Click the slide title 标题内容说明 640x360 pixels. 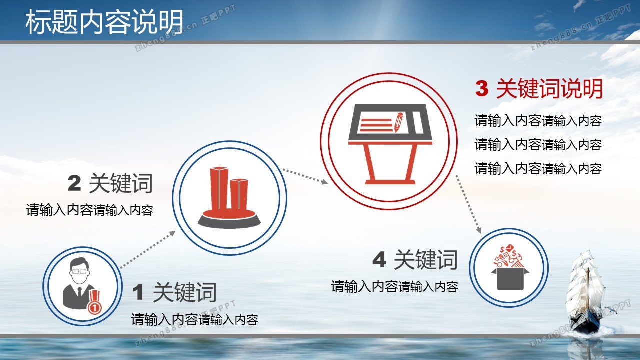point(104,21)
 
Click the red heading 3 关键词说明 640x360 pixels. point(539,89)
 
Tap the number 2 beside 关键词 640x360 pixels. point(75,183)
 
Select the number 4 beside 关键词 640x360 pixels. point(379,260)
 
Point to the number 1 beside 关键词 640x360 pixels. point(138,292)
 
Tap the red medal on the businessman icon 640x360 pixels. point(94,302)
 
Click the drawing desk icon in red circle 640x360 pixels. point(390,144)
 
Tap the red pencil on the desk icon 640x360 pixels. point(398,122)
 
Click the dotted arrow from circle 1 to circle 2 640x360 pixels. point(147,250)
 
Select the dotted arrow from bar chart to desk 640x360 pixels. point(305,177)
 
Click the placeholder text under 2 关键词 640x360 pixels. point(89,210)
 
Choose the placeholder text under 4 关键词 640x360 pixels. point(395,287)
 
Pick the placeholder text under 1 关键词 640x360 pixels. point(195,319)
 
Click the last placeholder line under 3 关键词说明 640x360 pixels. point(538,168)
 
